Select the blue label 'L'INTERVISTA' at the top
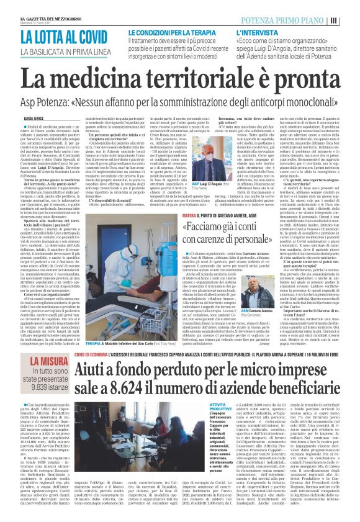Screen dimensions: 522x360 [x=255, y=30]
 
